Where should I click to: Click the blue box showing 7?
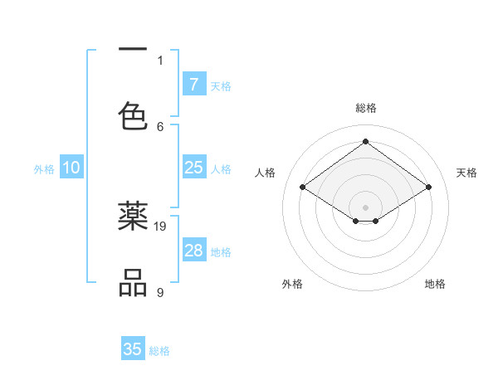(x=193, y=84)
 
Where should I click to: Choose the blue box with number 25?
(x=193, y=168)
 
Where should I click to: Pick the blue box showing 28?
(x=193, y=251)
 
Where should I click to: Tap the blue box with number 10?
(x=71, y=168)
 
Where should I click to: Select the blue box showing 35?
(x=133, y=349)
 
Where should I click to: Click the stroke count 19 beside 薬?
(x=161, y=226)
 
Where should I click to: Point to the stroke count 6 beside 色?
(x=161, y=126)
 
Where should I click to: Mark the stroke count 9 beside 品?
(x=160, y=292)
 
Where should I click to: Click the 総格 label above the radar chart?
(x=365, y=108)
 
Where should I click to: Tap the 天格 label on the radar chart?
(x=466, y=173)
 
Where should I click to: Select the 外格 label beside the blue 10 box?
(x=44, y=168)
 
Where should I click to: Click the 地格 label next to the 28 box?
(x=221, y=251)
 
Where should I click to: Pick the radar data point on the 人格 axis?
(x=303, y=188)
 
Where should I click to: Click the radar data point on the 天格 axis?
(x=428, y=188)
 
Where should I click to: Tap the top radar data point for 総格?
(x=365, y=141)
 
